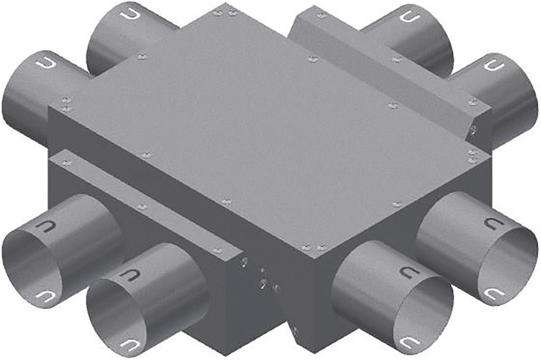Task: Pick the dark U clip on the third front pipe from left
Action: pos(408,272)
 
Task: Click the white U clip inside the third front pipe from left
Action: pos(408,343)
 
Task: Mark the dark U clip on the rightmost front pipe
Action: pos(491,223)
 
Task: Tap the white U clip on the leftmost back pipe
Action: pos(44,64)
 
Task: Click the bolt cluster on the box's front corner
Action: pos(260,275)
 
